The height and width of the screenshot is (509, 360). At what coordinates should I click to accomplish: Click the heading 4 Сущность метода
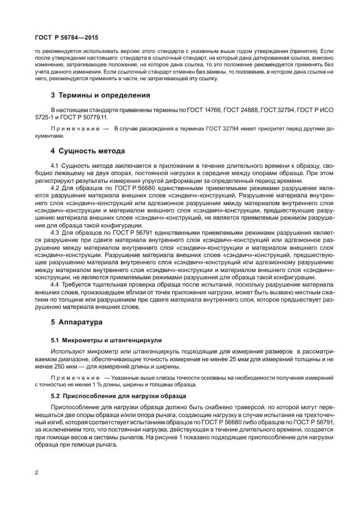coord(88,151)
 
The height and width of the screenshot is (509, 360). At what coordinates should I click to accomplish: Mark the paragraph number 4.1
coord(56,166)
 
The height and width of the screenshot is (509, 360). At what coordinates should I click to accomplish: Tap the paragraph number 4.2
coord(56,188)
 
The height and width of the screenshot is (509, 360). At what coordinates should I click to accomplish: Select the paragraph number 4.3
coord(56,231)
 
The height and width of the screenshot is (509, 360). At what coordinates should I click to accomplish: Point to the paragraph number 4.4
coord(56,284)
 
